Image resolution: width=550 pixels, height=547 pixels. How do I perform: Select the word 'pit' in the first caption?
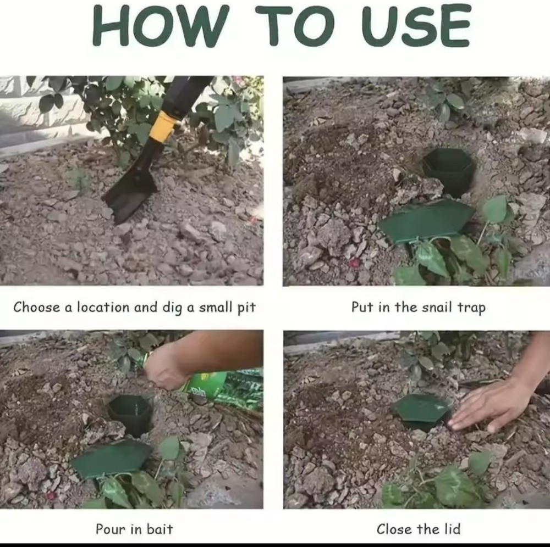pyautogui.click(x=246, y=307)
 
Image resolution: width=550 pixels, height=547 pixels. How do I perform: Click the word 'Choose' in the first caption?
pyautogui.click(x=37, y=306)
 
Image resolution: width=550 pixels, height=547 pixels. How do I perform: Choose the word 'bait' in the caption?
pyautogui.click(x=159, y=529)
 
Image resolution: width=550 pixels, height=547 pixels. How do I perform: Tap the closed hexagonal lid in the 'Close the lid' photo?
pyautogui.click(x=421, y=409)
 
